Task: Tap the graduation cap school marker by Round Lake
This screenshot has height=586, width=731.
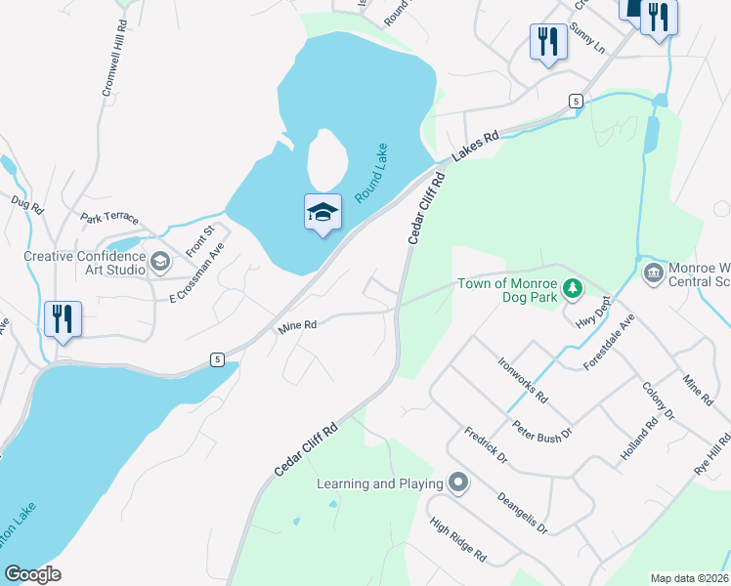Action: [x=322, y=211]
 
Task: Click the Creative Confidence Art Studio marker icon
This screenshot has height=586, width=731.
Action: [x=160, y=262]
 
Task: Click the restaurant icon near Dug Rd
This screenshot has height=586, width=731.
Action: [x=62, y=317]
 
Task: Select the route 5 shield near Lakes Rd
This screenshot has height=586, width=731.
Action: [x=577, y=101]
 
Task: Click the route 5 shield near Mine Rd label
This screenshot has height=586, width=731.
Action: [x=216, y=359]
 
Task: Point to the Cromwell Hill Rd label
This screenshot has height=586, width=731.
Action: [x=113, y=59]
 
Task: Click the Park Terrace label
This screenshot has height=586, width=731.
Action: [x=110, y=218]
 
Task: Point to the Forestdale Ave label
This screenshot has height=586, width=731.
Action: [x=608, y=340]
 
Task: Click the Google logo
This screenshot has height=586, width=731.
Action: [x=32, y=574]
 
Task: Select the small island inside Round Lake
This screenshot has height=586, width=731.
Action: [x=326, y=157]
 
